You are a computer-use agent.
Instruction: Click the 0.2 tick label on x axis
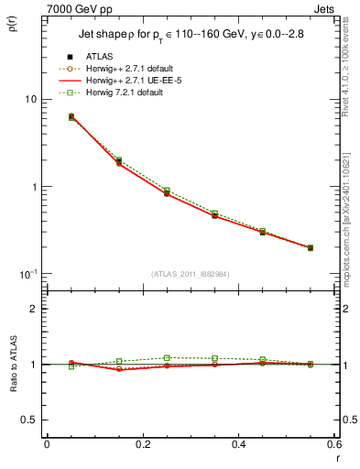click(142, 443)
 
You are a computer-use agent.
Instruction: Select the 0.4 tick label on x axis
click(238, 443)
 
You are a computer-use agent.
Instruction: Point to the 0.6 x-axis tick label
click(333, 443)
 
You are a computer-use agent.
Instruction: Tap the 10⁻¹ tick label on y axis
click(27, 273)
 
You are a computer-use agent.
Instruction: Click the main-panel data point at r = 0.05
click(71, 117)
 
